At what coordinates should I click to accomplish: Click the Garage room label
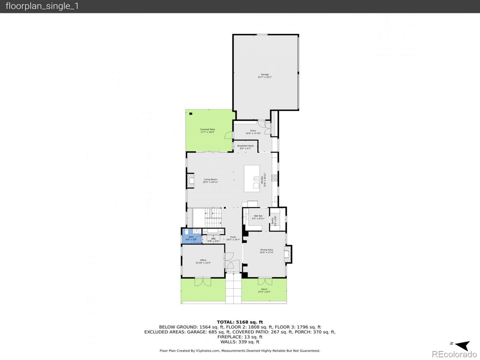coord(265,76)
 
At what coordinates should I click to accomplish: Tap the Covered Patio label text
coord(207,130)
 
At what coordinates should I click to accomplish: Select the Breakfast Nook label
coord(245,147)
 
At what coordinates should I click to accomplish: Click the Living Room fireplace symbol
coord(190,181)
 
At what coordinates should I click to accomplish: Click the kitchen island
coord(252,178)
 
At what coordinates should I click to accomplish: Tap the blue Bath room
coord(191,237)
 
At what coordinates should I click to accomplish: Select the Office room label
coord(203,261)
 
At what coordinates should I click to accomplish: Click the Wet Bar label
coord(258,217)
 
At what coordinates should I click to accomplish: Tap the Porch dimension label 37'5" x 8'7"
coord(264,292)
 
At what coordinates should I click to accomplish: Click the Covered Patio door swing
coord(229,135)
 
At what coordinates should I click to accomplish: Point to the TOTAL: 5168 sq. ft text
coord(240,322)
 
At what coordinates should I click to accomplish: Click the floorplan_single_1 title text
coord(42,6)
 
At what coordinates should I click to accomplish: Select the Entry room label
coord(253,132)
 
